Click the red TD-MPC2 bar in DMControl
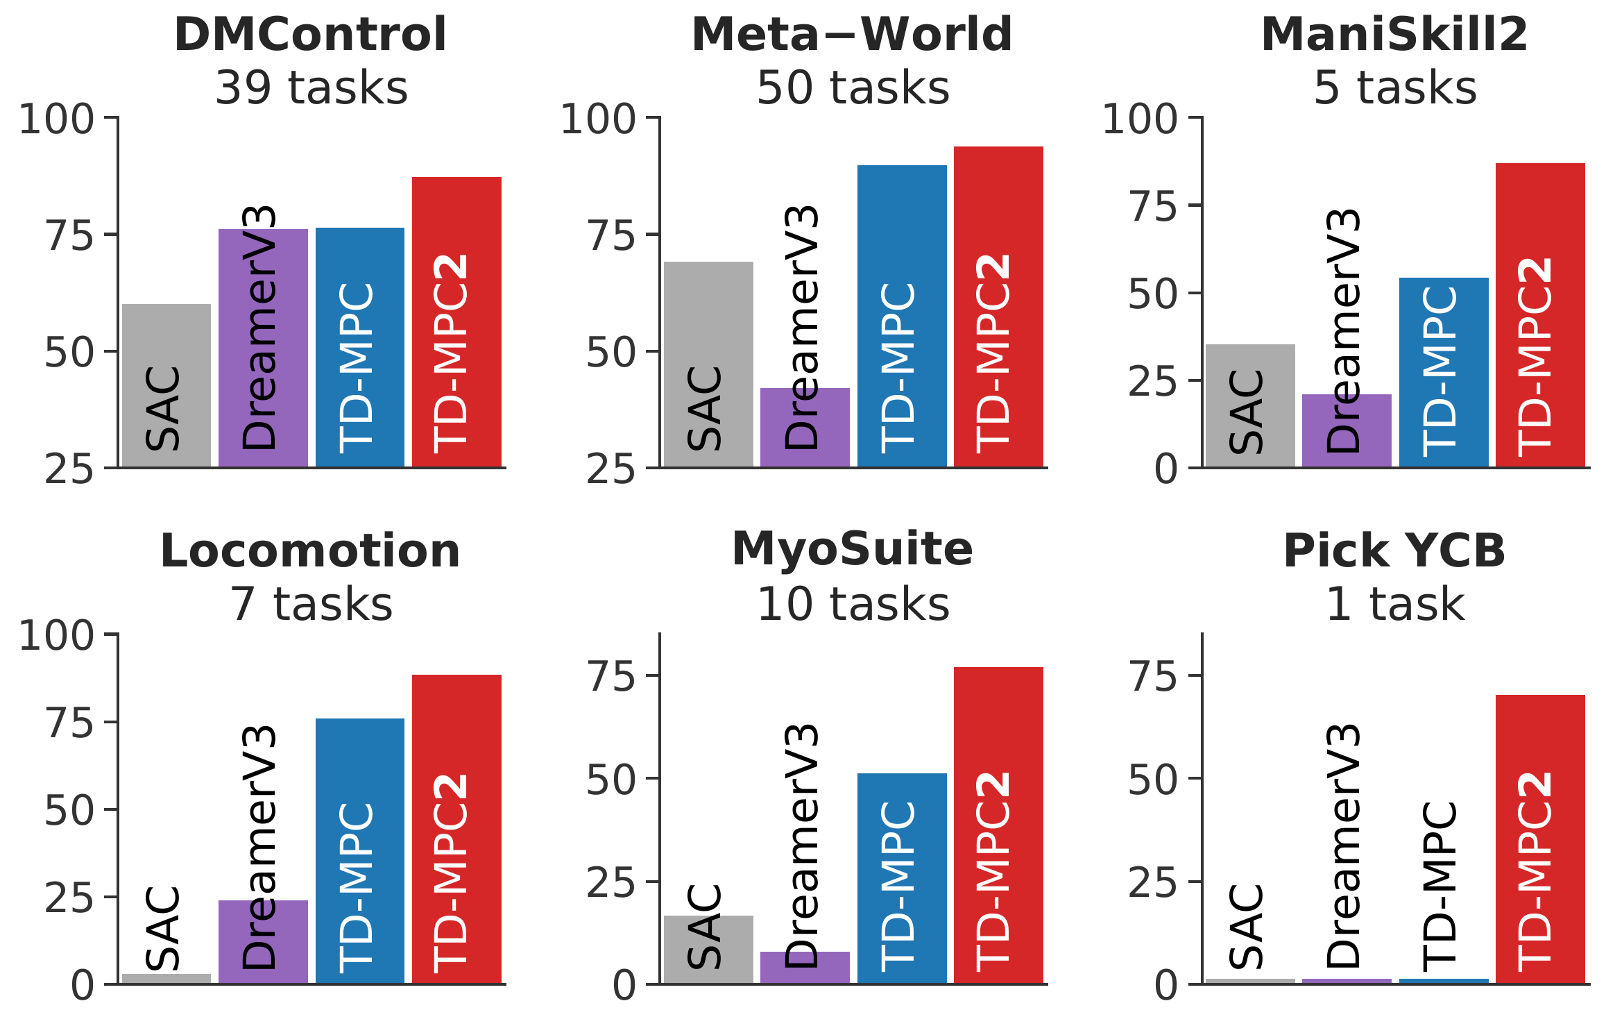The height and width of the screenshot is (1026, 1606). [x=456, y=322]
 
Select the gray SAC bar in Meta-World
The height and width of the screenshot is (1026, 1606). [x=708, y=364]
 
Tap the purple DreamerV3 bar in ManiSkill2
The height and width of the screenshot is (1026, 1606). [x=1347, y=430]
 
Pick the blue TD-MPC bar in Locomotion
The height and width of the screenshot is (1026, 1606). [x=360, y=851]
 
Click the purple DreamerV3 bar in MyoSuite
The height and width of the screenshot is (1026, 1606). [x=805, y=968]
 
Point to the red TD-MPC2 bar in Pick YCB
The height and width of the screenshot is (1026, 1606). [x=1540, y=839]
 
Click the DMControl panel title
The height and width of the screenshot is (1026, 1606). [x=310, y=35]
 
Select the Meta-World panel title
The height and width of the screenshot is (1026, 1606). [x=852, y=35]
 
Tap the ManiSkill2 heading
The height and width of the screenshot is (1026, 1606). [x=1394, y=35]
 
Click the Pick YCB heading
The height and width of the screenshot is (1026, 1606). [x=1394, y=551]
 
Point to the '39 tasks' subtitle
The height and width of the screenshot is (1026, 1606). [x=311, y=88]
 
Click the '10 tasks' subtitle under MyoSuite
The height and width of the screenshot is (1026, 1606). [x=853, y=605]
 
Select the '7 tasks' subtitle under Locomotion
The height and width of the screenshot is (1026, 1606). [x=311, y=605]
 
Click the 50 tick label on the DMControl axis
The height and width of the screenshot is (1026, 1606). [x=69, y=353]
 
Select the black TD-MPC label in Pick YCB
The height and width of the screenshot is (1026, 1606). [x=1441, y=886]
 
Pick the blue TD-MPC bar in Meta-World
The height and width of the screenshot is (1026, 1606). [x=902, y=317]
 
